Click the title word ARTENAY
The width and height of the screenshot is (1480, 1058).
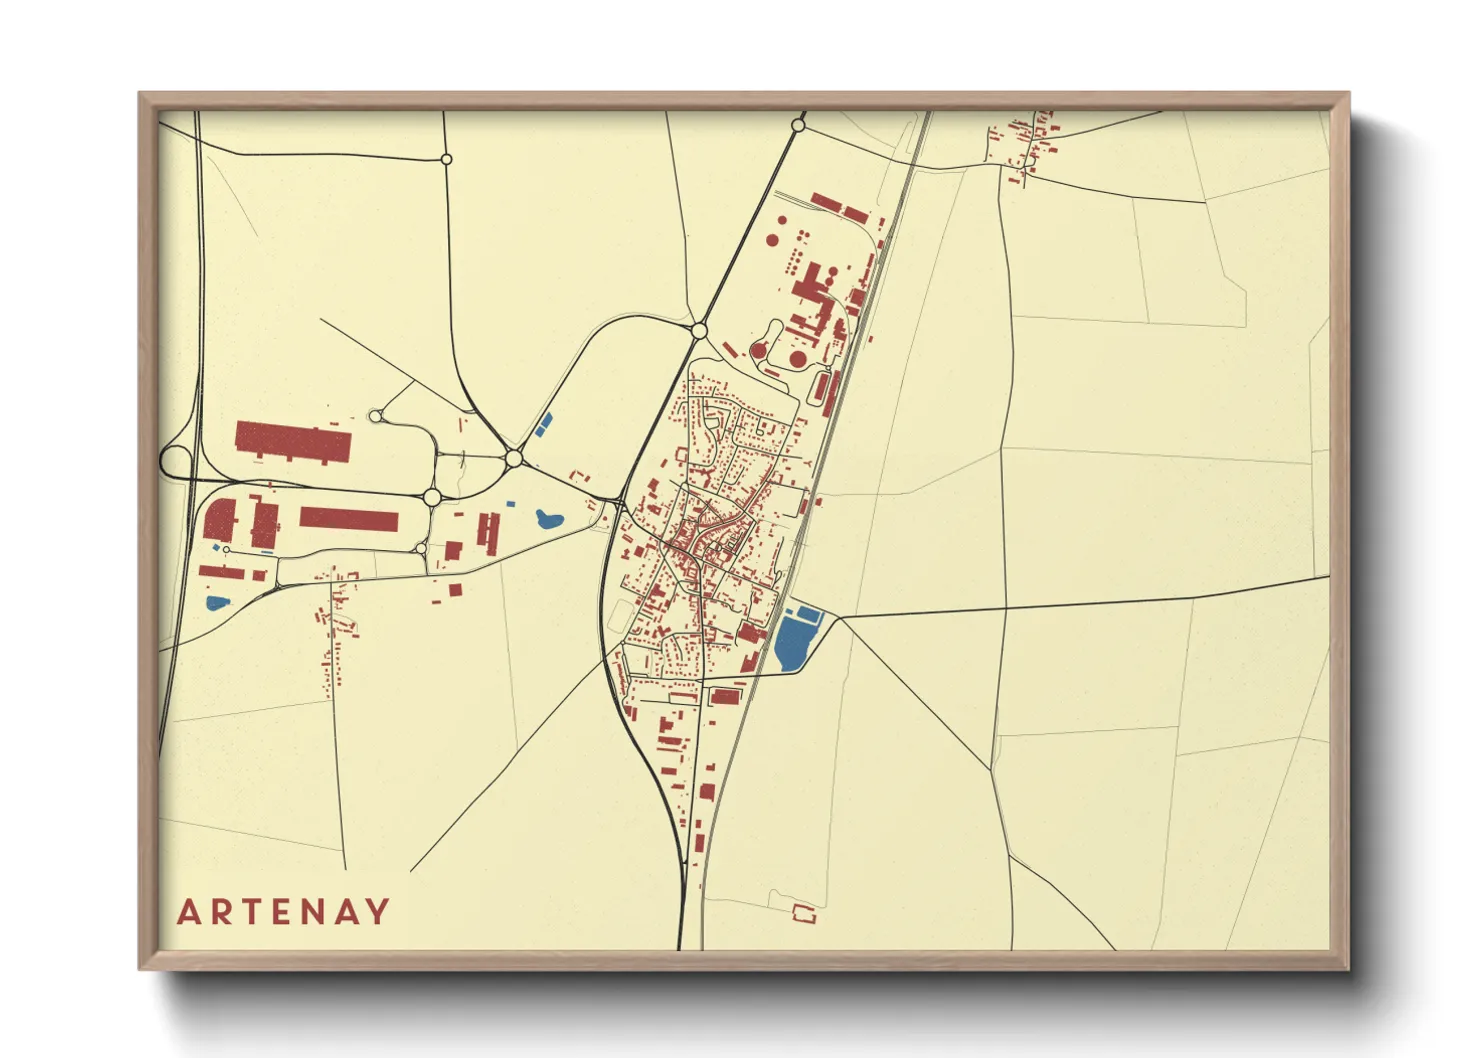(284, 912)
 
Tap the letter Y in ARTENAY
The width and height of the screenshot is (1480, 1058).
(378, 912)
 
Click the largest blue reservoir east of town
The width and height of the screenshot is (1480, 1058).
(793, 643)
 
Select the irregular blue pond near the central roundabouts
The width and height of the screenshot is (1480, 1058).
(548, 519)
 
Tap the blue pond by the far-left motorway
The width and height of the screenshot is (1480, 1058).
(217, 603)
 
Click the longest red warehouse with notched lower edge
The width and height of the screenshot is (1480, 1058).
(293, 441)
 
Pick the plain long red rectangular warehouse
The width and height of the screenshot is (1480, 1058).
(349, 520)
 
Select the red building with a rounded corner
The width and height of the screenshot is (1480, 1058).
(219, 521)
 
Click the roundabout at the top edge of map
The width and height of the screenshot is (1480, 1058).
(798, 125)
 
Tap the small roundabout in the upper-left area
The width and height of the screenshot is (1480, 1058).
(446, 159)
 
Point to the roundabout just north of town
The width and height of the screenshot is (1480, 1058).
(699, 330)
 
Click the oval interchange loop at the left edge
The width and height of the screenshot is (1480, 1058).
(176, 462)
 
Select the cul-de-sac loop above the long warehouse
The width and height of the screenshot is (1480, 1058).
(375, 416)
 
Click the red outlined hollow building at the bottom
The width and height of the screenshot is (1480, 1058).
(803, 912)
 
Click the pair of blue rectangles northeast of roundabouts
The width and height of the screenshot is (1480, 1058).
(543, 424)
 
